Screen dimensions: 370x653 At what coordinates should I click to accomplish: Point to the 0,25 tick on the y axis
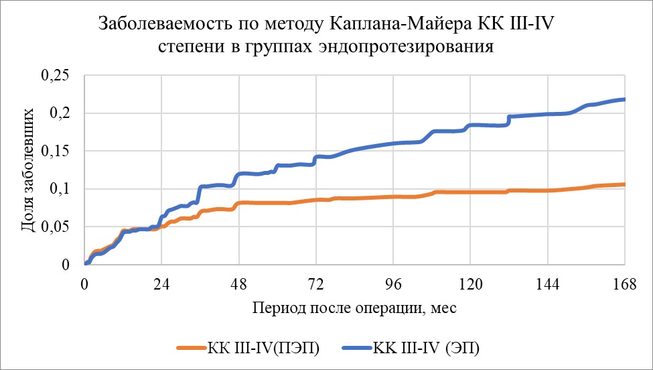pos(56,76)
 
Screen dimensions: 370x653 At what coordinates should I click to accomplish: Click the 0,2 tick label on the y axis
pos(62,114)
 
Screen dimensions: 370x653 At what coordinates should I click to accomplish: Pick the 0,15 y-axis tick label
pos(56,152)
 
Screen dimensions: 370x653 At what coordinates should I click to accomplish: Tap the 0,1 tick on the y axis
pos(62,190)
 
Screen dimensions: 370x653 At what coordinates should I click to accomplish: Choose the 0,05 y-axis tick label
pos(56,228)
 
